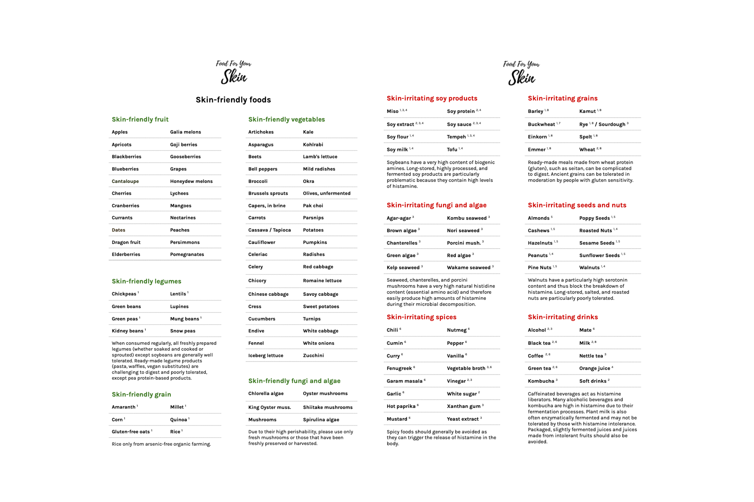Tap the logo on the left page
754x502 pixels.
pyautogui.click(x=234, y=72)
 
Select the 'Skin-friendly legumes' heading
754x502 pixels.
pyautogui.click(x=146, y=281)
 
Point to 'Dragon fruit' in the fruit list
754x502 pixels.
pyautogui.click(x=126, y=242)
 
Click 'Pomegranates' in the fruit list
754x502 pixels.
pyautogui.click(x=187, y=255)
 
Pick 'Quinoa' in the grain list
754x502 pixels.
pyautogui.click(x=178, y=420)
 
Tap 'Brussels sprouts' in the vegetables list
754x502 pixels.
pyautogui.click(x=268, y=193)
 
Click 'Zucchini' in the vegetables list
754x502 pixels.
pyautogui.click(x=313, y=356)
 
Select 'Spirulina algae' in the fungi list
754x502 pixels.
pyautogui.click(x=321, y=420)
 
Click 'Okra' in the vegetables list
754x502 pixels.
pyautogui.click(x=308, y=181)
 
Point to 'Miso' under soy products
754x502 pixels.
pyautogui.click(x=392, y=111)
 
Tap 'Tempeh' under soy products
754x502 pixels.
pyautogui.click(x=456, y=137)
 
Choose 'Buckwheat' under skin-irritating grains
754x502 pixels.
pyautogui.click(x=541, y=124)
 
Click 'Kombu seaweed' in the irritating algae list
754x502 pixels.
pyautogui.click(x=466, y=218)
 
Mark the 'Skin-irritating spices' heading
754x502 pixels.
pyautogui.click(x=421, y=317)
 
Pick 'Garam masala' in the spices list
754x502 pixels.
pyautogui.click(x=404, y=381)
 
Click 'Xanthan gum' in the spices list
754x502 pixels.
pyautogui.click(x=463, y=407)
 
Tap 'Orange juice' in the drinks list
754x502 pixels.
pyautogui.click(x=594, y=368)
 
